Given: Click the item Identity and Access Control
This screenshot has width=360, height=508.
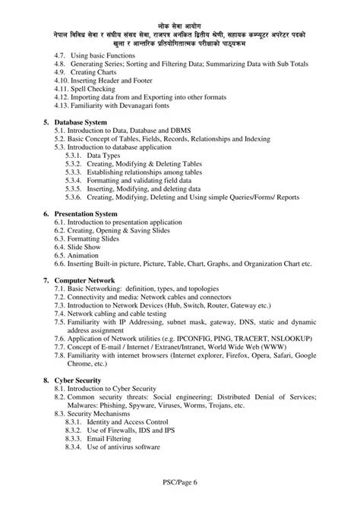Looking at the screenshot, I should [x=131, y=421].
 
